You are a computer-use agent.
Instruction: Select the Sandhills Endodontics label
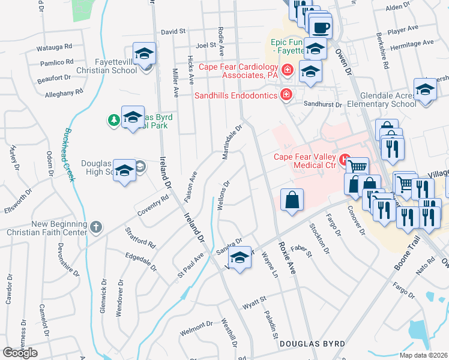237,95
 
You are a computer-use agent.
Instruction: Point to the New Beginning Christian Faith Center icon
97,227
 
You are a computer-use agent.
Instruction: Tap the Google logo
20,353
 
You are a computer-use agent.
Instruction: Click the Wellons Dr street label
221,196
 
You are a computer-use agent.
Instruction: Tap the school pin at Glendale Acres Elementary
425,90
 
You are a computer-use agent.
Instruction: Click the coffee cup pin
321,27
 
